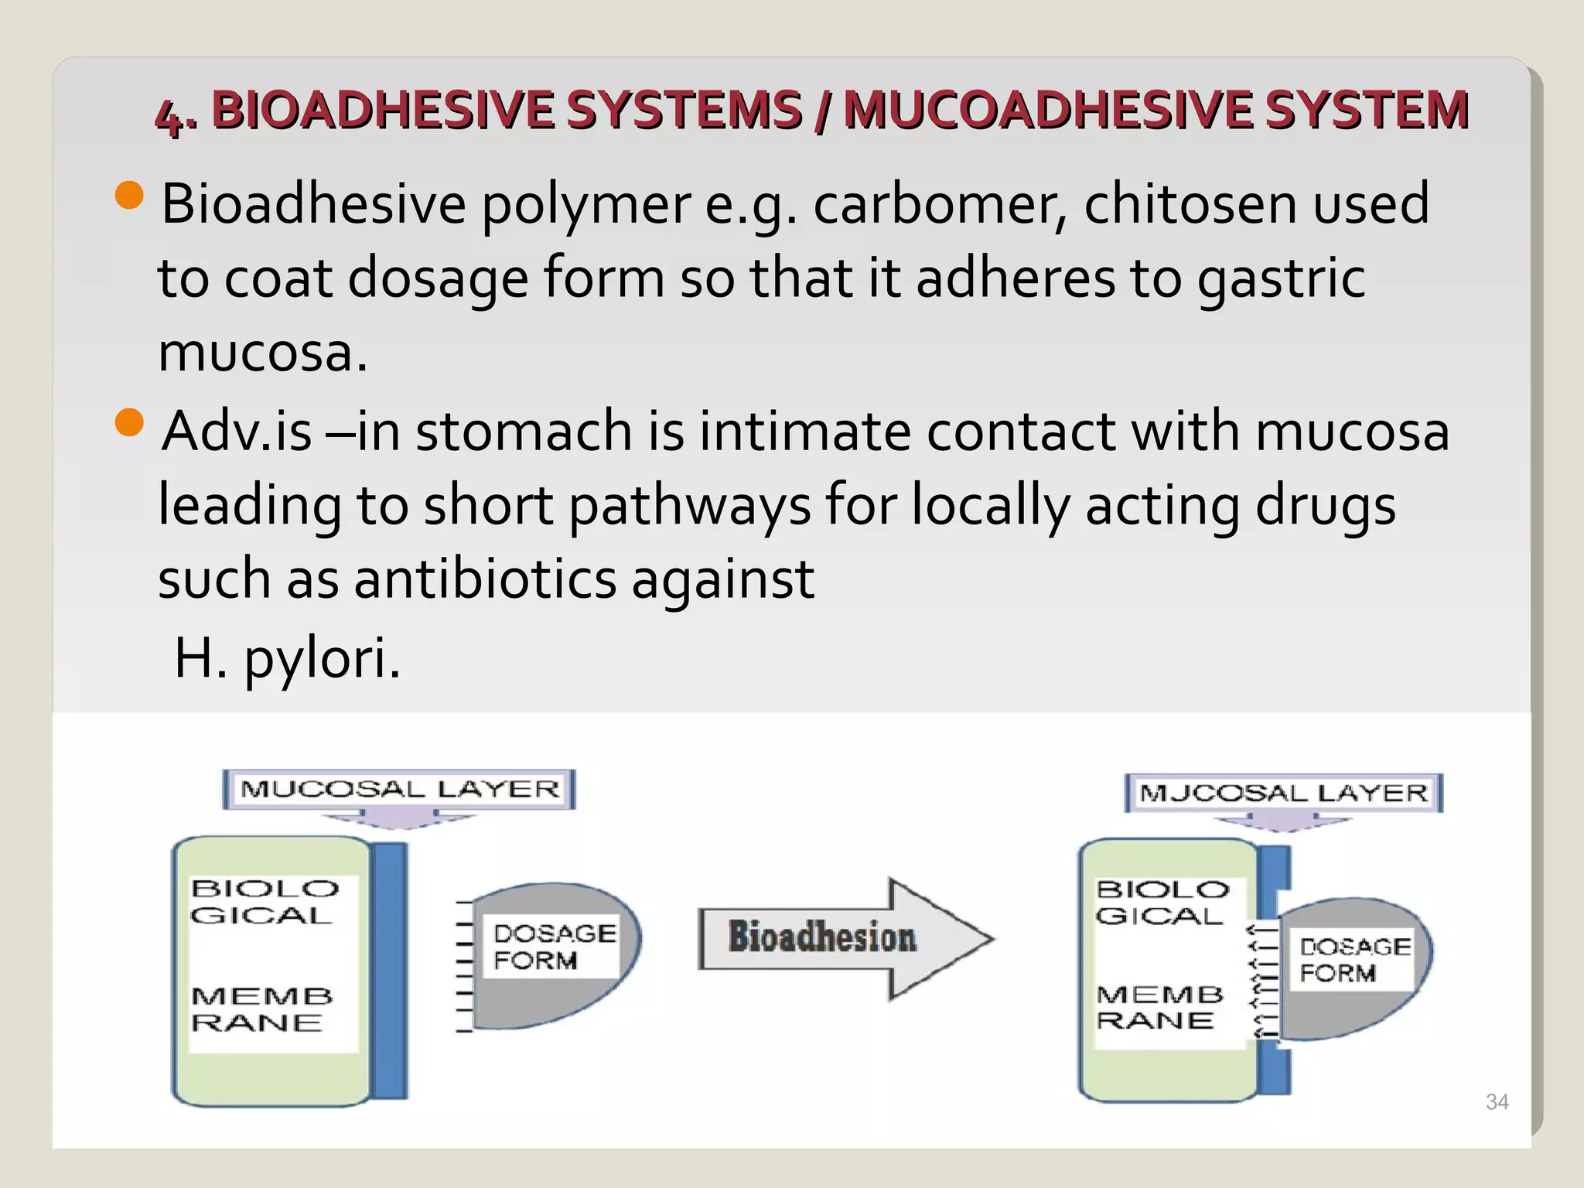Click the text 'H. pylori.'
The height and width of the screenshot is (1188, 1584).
tap(288, 659)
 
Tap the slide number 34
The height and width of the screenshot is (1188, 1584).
tap(1497, 1102)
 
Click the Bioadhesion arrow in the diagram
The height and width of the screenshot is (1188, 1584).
tap(845, 938)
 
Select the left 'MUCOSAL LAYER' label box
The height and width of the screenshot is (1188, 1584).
tap(399, 789)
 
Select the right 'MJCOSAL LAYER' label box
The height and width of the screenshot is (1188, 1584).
tap(1284, 793)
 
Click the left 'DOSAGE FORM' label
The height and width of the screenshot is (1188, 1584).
tap(554, 947)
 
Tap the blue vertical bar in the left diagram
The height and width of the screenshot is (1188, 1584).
tap(390, 971)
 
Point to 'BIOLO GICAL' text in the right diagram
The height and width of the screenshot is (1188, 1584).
tap(1162, 903)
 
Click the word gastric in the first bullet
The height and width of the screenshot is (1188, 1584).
tap(1281, 279)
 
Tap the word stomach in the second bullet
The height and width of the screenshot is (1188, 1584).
tap(524, 431)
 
